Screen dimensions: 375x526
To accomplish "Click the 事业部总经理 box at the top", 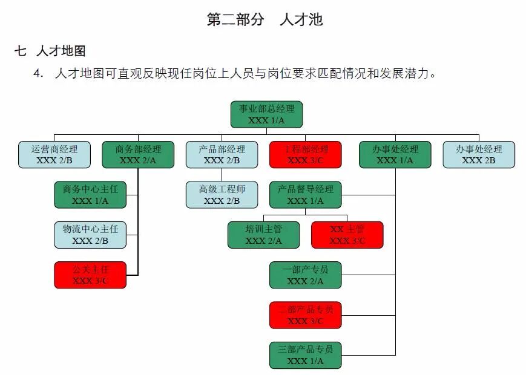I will pyautogui.click(x=266, y=114).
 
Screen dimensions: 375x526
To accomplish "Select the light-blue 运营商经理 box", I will pyautogui.click(x=54, y=154).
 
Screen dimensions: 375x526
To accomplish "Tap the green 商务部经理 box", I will pyautogui.click(x=138, y=154).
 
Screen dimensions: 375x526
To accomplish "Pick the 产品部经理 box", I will pyautogui.click(x=222, y=154).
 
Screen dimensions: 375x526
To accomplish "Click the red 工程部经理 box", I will pyautogui.click(x=305, y=154).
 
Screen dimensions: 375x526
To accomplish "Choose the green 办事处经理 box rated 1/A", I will pyautogui.click(x=395, y=154).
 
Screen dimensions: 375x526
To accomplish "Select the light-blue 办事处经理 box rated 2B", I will pyautogui.click(x=479, y=154).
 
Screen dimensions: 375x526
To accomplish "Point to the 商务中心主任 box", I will pyautogui.click(x=90, y=194).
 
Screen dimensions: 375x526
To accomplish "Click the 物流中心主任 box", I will pyautogui.click(x=90, y=235).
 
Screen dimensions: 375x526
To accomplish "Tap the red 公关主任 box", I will pyautogui.click(x=90, y=275).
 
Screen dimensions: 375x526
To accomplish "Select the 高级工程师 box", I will pyautogui.click(x=222, y=194).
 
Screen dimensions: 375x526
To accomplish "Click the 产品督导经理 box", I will pyautogui.click(x=305, y=194).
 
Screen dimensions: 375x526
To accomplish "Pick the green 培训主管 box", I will pyautogui.click(x=263, y=235).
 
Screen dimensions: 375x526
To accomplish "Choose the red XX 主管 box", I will pyautogui.click(x=347, y=235).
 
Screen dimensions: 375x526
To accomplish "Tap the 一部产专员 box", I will pyautogui.click(x=305, y=275).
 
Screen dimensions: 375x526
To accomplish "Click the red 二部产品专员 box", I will pyautogui.click(x=305, y=315).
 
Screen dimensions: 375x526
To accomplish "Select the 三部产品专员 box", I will pyautogui.click(x=305, y=355).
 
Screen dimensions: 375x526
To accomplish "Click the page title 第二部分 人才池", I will pyautogui.click(x=265, y=19).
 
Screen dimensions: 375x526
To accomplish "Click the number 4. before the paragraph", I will pyautogui.click(x=39, y=74).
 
